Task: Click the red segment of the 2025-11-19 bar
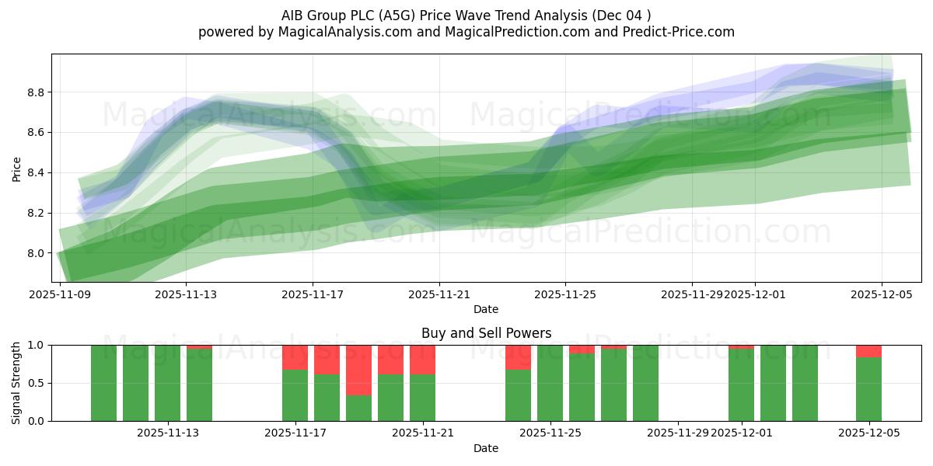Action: [x=359, y=370]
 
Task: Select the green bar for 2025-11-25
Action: [x=550, y=383]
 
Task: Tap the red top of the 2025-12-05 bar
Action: [x=868, y=351]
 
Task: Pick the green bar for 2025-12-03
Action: [x=805, y=383]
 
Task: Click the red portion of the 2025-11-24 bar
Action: [x=519, y=357]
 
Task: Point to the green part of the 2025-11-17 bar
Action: [x=295, y=395]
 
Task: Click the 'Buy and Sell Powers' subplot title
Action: [x=486, y=333]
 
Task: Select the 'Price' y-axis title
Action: [x=17, y=168]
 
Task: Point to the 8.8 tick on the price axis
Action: [x=36, y=92]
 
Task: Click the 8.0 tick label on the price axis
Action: [x=36, y=253]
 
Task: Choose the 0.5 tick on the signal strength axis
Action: [x=36, y=383]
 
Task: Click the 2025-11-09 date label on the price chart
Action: [x=60, y=294]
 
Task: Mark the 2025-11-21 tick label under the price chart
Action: [x=439, y=294]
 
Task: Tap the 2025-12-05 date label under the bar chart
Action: [x=868, y=433]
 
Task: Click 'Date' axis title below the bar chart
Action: [x=486, y=448]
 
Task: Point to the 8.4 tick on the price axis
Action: [x=36, y=173]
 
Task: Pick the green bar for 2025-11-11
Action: [x=136, y=383]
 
